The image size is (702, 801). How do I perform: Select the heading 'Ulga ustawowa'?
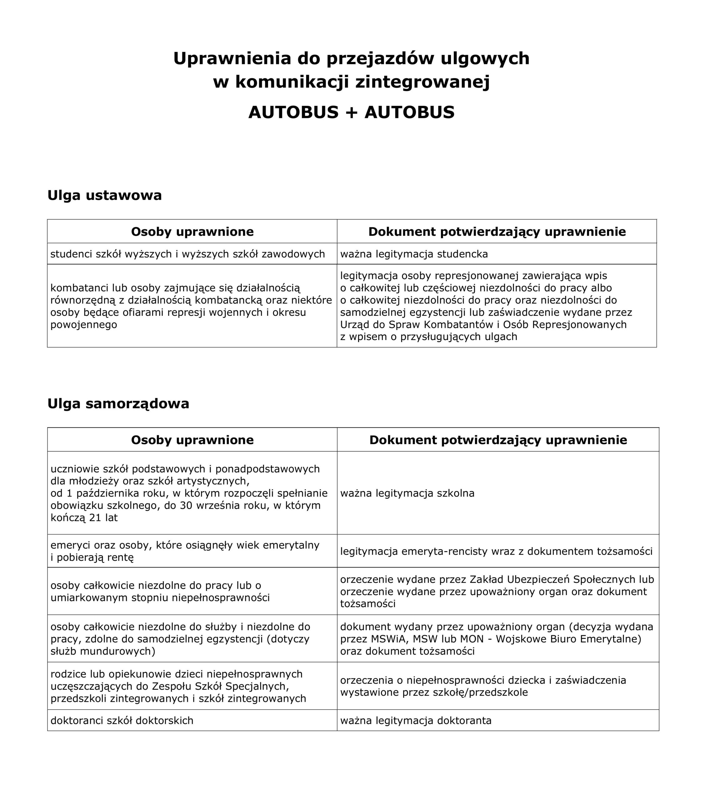pyautogui.click(x=104, y=195)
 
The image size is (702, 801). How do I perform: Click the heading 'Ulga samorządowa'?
pyautogui.click(x=118, y=403)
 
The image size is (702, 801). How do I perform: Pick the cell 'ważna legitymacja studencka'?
pyautogui.click(x=414, y=254)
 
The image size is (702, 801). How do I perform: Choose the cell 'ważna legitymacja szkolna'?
pyautogui.click(x=407, y=493)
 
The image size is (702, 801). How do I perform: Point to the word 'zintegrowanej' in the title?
pyautogui.click(x=422, y=82)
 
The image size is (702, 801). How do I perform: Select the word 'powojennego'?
pyautogui.click(x=84, y=324)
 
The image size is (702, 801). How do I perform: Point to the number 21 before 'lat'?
pyautogui.click(x=95, y=518)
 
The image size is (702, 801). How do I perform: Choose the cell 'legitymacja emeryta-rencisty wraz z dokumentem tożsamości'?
pyautogui.click(x=496, y=551)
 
